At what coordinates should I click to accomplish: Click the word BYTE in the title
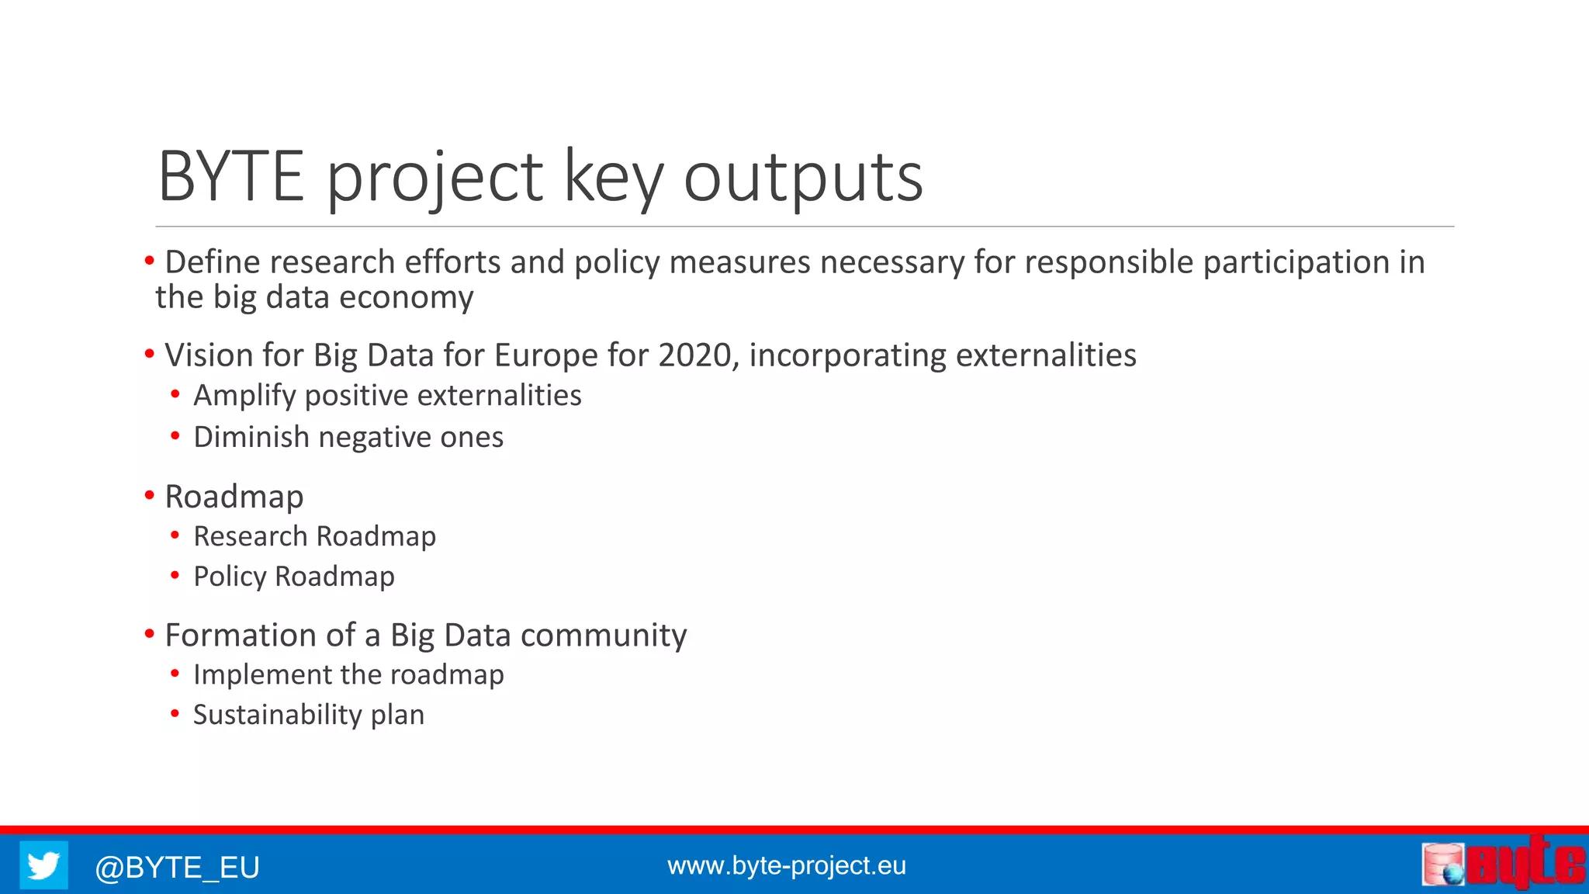[230, 177]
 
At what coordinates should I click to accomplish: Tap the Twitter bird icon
[43, 865]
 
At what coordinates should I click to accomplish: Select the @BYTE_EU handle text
[177, 867]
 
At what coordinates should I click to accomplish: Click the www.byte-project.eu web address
[786, 865]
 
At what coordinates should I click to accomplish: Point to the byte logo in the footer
[1504, 863]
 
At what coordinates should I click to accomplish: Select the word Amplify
[244, 396]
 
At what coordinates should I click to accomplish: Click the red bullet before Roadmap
[150, 495]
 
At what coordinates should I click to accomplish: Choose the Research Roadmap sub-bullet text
[314, 536]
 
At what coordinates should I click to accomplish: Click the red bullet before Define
[150, 262]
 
